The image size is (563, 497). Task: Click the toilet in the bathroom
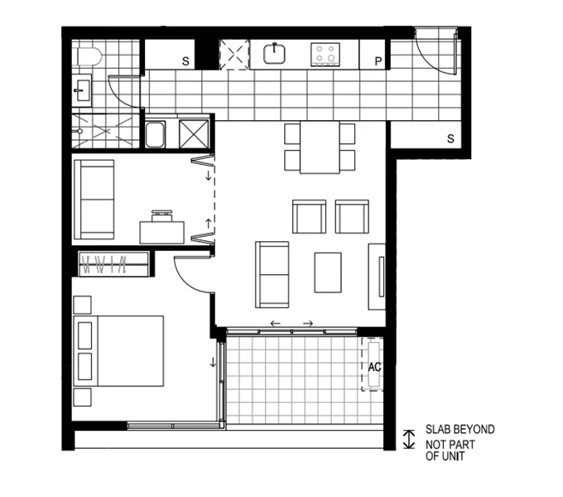pos(89,56)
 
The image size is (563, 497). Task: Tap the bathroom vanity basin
pos(81,89)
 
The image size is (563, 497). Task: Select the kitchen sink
pos(275,55)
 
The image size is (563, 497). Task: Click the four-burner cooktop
pos(325,55)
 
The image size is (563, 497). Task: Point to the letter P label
pos(378,61)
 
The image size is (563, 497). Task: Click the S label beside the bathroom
pos(185,61)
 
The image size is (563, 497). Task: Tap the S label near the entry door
pos(450,138)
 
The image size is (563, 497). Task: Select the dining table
pos(320,147)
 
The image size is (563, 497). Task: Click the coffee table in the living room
pos(328,272)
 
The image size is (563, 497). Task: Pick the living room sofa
pos(272,273)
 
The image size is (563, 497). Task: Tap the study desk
pos(162,229)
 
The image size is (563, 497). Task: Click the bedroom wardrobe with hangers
pos(113,265)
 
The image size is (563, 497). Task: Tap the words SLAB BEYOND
pos(460,430)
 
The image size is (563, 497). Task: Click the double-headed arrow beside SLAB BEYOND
pos(407,439)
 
